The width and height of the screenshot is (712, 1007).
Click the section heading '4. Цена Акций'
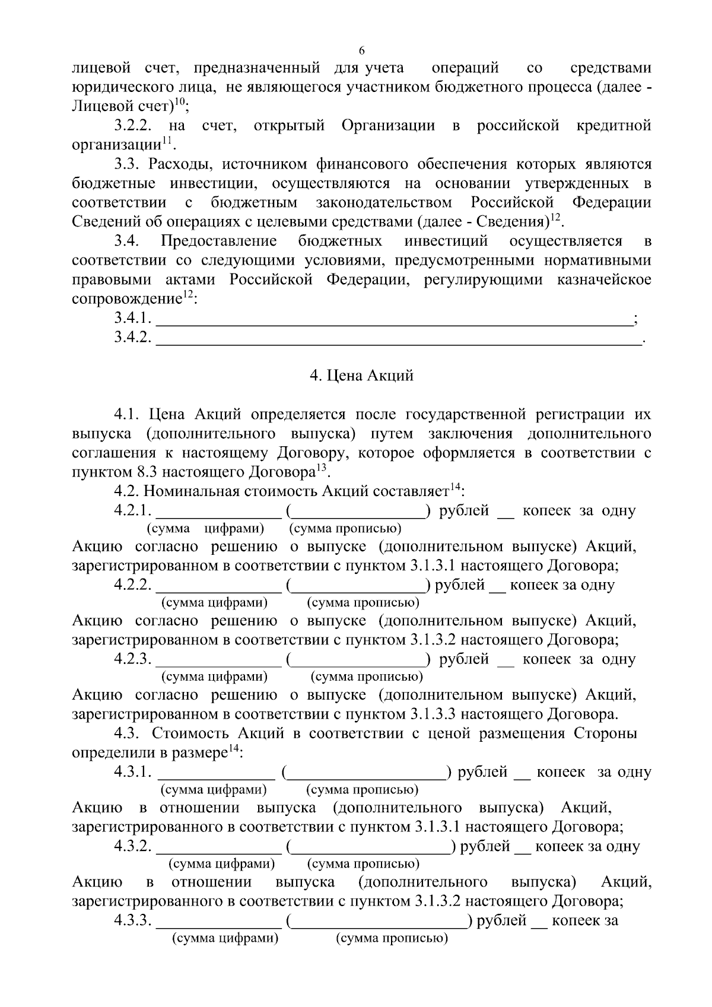(x=362, y=376)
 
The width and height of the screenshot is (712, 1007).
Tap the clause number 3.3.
(x=126, y=164)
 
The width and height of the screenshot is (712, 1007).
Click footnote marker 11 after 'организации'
(x=167, y=141)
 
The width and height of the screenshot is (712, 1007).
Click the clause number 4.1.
(x=126, y=414)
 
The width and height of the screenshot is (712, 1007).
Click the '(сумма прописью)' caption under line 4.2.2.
(x=363, y=603)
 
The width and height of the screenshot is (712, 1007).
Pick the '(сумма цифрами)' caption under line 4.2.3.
(x=214, y=677)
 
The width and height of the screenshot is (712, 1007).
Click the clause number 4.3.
(x=126, y=734)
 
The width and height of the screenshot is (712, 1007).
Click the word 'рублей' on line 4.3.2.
(x=485, y=847)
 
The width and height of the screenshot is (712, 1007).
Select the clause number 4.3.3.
(x=133, y=921)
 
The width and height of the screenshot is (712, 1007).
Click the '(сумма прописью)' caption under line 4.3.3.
(x=392, y=939)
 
